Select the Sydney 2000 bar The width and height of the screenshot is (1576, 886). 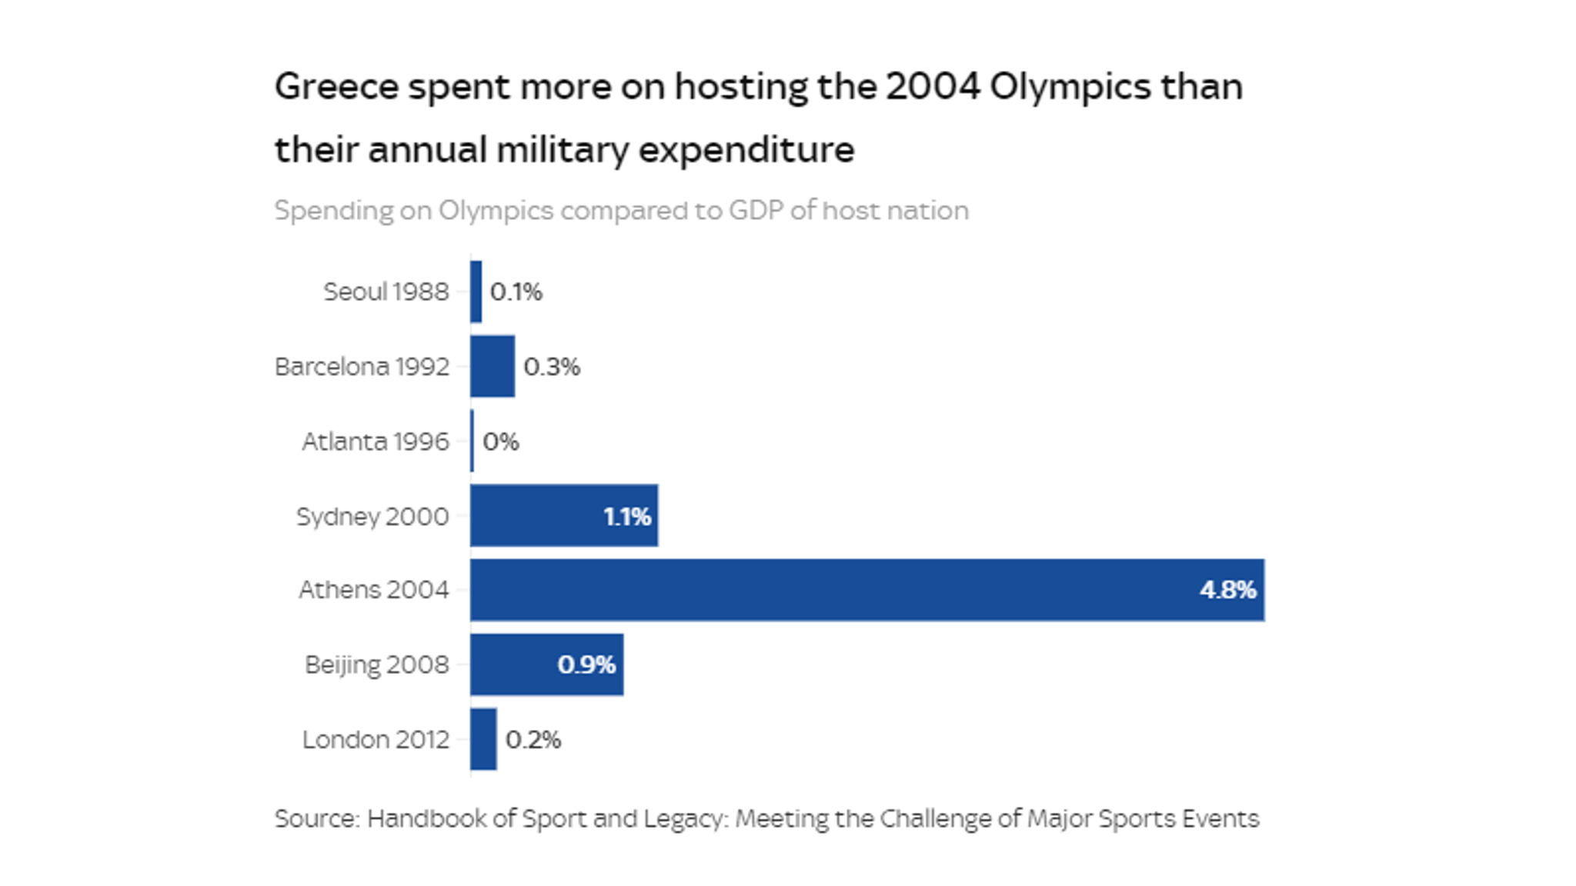(539, 515)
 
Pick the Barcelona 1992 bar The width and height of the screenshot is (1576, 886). (492, 366)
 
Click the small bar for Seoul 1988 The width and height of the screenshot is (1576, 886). (476, 291)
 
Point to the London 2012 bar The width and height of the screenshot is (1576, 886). (483, 739)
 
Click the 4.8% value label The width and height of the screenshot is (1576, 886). (1227, 590)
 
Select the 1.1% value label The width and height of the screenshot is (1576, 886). (626, 516)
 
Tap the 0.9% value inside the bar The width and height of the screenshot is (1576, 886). (586, 664)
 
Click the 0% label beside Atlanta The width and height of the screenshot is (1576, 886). (501, 441)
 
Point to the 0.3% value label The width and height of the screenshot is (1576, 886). (552, 367)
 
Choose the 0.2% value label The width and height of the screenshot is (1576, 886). (533, 740)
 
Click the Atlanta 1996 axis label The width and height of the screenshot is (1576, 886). (375, 441)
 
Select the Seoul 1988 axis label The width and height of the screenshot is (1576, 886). (386, 292)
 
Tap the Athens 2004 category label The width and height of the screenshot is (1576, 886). (373, 590)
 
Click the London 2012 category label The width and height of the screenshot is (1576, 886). (375, 740)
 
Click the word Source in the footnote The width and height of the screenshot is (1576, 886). (315, 818)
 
